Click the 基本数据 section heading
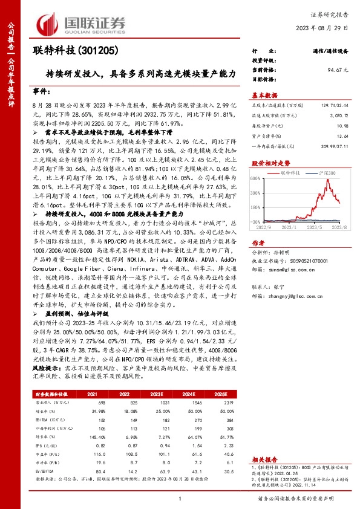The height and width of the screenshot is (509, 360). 264,95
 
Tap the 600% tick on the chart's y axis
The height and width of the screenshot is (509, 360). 256,178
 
